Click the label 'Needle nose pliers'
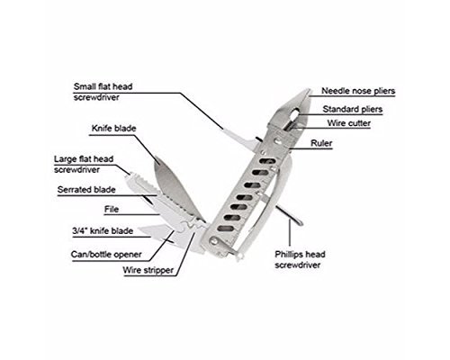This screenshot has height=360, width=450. pyautogui.click(x=358, y=91)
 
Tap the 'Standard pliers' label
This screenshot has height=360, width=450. pyautogui.click(x=353, y=109)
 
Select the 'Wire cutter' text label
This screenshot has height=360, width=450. pyautogui.click(x=349, y=123)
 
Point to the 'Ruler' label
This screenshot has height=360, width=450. pyautogui.click(x=321, y=143)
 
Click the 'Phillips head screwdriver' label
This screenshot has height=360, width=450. pyautogui.click(x=300, y=259)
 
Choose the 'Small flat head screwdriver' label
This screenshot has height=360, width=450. pyautogui.click(x=103, y=92)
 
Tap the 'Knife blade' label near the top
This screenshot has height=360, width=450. pyautogui.click(x=113, y=129)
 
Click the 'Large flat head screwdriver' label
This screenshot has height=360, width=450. pyautogui.click(x=84, y=164)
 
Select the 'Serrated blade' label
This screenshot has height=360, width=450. pyautogui.click(x=86, y=190)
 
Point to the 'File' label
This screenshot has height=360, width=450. pyautogui.click(x=112, y=209)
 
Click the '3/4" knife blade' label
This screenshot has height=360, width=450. pyautogui.click(x=103, y=231)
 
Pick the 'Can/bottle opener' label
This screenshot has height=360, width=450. pyautogui.click(x=106, y=255)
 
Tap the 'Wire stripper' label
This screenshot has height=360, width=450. pyautogui.click(x=148, y=270)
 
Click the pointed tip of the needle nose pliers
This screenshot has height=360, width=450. pyautogui.click(x=309, y=89)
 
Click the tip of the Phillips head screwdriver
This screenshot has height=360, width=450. pyautogui.click(x=301, y=223)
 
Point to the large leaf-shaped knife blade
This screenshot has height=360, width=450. pyautogui.click(x=177, y=187)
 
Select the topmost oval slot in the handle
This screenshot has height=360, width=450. pyautogui.click(x=267, y=161)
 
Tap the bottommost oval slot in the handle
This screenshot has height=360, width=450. pyautogui.click(x=225, y=229)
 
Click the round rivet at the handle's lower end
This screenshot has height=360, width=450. pyautogui.click(x=214, y=241)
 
